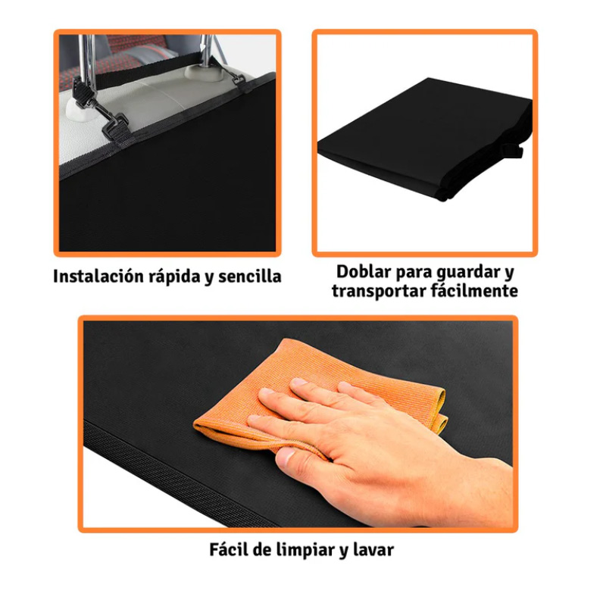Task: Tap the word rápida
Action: click(173, 276)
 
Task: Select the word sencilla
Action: click(249, 276)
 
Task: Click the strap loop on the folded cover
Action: click(515, 150)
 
